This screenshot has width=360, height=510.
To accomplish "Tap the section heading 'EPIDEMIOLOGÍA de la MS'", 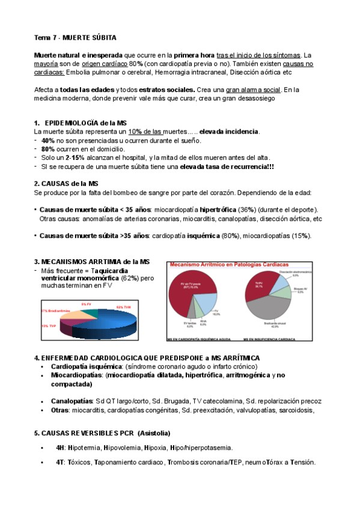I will point(86,122).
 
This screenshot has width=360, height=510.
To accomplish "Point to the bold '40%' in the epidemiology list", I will point(48,140).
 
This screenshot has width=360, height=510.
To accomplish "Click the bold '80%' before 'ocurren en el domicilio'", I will point(48,149).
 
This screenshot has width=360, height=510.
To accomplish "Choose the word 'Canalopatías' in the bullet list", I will point(72,401).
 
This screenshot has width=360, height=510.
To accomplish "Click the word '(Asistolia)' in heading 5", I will point(153,432).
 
